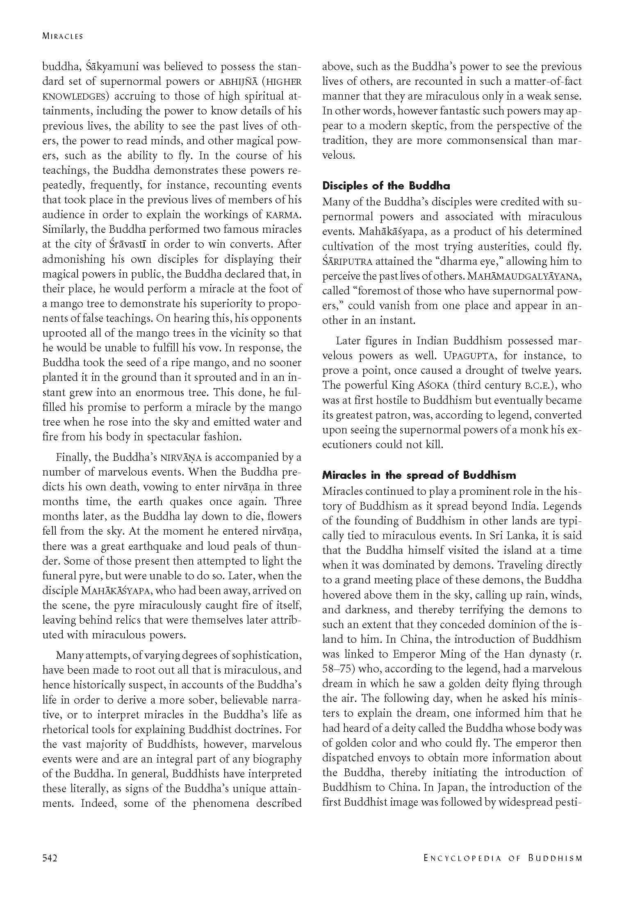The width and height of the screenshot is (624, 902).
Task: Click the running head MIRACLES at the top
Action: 62,36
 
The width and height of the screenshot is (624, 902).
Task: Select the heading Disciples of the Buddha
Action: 386,186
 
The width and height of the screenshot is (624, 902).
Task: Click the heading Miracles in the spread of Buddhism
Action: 419,475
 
